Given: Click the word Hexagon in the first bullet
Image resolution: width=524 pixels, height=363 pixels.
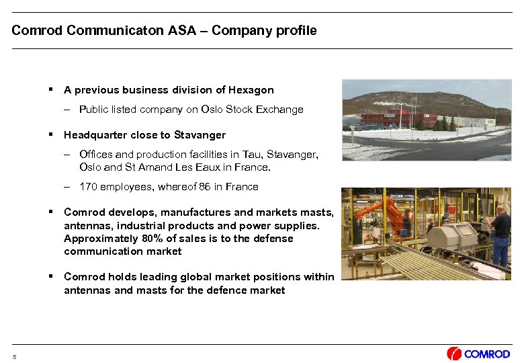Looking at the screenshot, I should click(x=252, y=89).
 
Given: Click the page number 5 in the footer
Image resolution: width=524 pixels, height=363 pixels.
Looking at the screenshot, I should click(x=14, y=356).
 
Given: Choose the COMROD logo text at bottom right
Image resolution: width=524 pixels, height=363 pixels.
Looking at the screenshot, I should click(x=487, y=354).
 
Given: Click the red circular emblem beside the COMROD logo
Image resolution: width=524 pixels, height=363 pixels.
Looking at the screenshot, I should click(x=454, y=354).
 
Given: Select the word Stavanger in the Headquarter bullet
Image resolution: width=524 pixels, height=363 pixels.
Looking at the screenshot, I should click(x=200, y=135).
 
